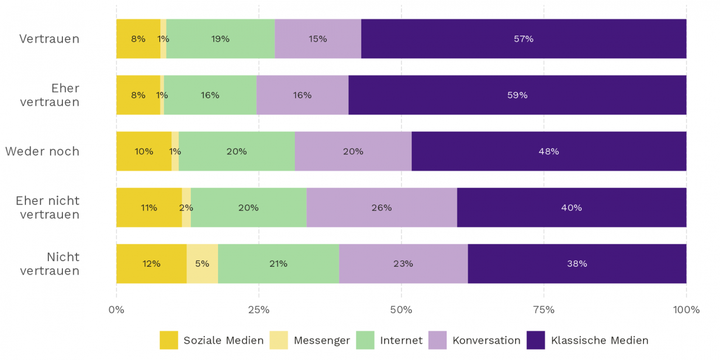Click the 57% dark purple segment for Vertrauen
point(523,39)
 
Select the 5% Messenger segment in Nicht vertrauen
point(202,264)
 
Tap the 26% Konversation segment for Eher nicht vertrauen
point(381,208)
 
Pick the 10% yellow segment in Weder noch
point(143,151)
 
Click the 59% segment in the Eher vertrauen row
point(517,95)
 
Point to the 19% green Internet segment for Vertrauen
point(220,39)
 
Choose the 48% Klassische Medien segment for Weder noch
point(548,151)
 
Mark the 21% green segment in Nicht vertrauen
point(278,264)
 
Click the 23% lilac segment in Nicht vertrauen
point(403,264)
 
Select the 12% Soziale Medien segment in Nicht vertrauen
point(151,264)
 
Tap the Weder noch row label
point(42,151)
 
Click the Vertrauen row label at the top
point(49,39)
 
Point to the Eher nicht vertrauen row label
point(47,208)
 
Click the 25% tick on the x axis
point(259,310)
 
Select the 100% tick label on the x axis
point(686,310)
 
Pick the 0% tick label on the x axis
point(116,310)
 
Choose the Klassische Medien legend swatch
point(535,340)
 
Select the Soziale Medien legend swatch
point(168,340)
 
